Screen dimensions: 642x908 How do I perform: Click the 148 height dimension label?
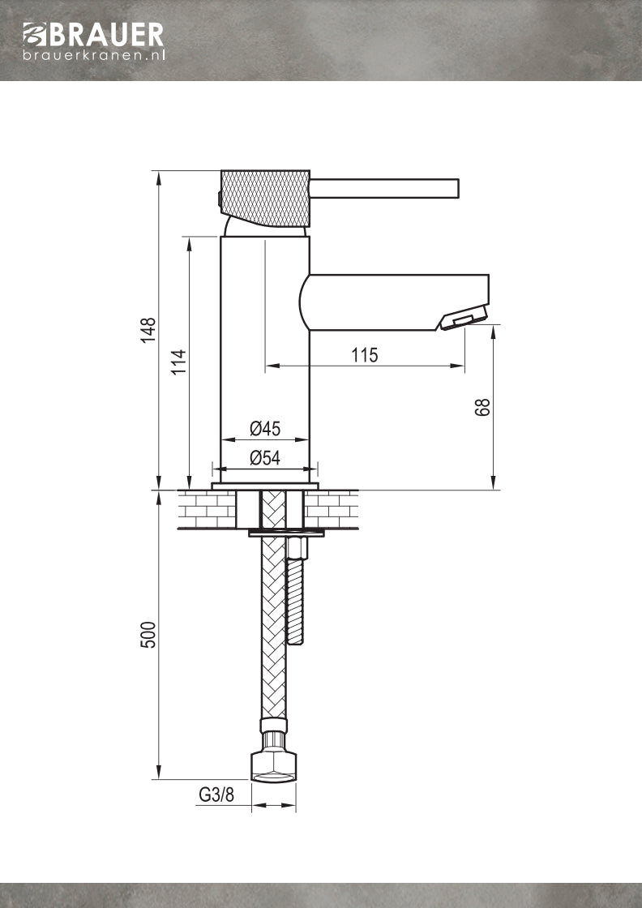click(x=148, y=330)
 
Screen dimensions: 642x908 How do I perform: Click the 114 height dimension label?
click(x=179, y=361)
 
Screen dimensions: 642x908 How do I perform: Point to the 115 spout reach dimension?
click(x=365, y=354)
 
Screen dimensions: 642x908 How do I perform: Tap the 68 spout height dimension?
click(x=482, y=407)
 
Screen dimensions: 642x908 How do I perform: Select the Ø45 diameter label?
click(x=265, y=429)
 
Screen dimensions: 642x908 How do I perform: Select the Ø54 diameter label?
click(x=265, y=458)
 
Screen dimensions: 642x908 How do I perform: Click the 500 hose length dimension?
click(x=149, y=635)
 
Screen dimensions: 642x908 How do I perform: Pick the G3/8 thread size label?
click(x=216, y=794)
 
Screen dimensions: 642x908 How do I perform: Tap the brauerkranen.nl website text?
click(x=94, y=55)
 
